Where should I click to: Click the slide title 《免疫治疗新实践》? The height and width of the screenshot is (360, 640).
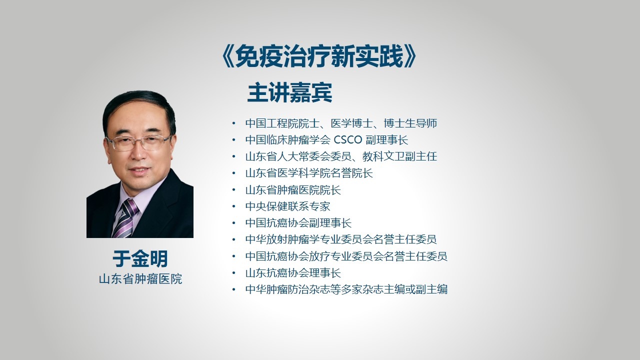coord(318,56)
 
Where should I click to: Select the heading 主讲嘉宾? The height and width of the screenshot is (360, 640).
coord(289,92)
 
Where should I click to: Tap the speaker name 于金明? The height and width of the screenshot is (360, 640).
coord(140,259)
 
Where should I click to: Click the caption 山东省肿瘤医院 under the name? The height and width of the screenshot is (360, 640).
coord(140,279)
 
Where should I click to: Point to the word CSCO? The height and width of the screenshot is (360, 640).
coord(348,140)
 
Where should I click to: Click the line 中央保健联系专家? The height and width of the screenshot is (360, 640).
coord(287,206)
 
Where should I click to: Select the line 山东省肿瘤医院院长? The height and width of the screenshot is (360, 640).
coord(293,190)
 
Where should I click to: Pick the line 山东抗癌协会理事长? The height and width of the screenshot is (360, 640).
coord(293,273)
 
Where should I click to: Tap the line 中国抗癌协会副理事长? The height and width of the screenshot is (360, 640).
coord(298,223)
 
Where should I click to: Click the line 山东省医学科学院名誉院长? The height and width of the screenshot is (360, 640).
coord(309,173)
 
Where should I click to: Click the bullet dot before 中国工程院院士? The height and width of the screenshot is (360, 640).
coord(234,123)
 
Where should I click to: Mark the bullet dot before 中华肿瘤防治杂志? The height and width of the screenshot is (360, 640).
coord(234,289)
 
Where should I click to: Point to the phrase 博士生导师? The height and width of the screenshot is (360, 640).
coord(410,123)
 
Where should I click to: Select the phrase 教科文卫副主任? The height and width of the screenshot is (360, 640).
coord(399,156)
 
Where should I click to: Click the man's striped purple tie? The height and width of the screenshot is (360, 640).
coord(125,218)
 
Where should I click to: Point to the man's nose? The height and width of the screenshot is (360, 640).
coord(138,153)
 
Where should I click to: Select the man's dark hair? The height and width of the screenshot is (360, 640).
coord(139,108)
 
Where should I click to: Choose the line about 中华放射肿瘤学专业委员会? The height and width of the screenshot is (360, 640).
coord(341,239)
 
